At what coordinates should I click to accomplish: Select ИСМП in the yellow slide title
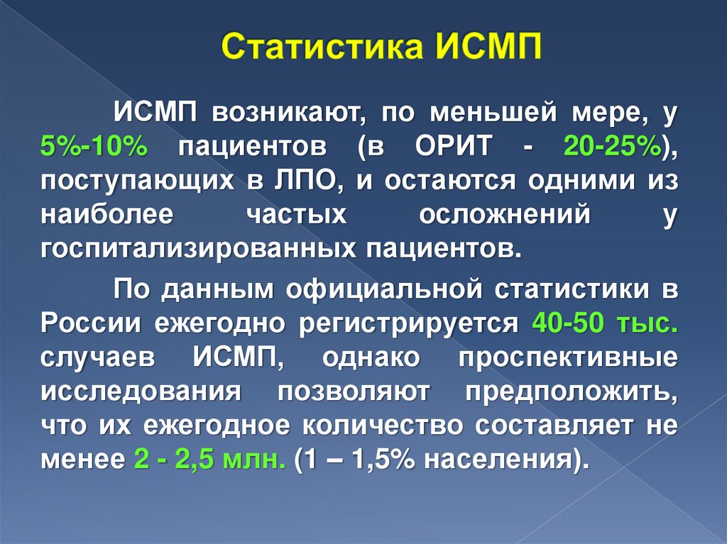tap(486, 53)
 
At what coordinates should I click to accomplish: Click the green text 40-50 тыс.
tap(603, 324)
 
